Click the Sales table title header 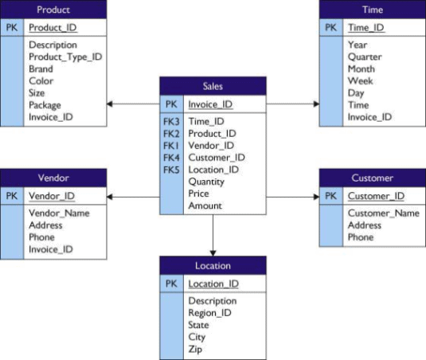pyautogui.click(x=213, y=86)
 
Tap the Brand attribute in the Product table pyautogui.click(x=41, y=68)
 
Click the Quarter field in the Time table pyautogui.click(x=365, y=57)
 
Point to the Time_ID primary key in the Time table pyautogui.click(x=365, y=27)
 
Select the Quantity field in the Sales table pyautogui.click(x=206, y=181)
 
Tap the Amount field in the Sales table pyautogui.click(x=205, y=205)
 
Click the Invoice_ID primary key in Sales pyautogui.click(x=211, y=104)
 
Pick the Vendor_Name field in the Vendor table pyautogui.click(x=59, y=213)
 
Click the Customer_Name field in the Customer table pyautogui.click(x=383, y=213)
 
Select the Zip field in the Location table pyautogui.click(x=195, y=349)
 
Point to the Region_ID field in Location pyautogui.click(x=209, y=313)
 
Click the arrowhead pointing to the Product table pyautogui.click(x=111, y=104)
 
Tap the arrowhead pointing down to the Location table pyautogui.click(x=213, y=252)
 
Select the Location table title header pyautogui.click(x=213, y=265)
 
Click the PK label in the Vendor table pyautogui.click(x=12, y=196)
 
